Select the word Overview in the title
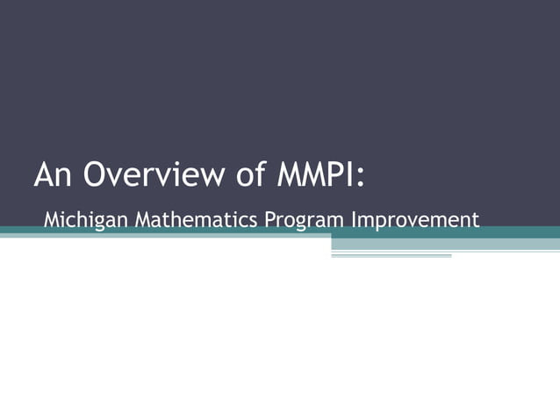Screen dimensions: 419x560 148,174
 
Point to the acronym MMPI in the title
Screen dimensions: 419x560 317,174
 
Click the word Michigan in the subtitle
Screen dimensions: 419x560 80,218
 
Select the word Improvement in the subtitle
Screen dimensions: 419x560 415,220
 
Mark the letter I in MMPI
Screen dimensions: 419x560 353,174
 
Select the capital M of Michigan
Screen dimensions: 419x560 52,218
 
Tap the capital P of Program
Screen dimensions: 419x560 269,218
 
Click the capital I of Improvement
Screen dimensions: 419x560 353,218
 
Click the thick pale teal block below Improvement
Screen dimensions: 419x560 445,244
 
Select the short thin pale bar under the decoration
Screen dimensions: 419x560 391,256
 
